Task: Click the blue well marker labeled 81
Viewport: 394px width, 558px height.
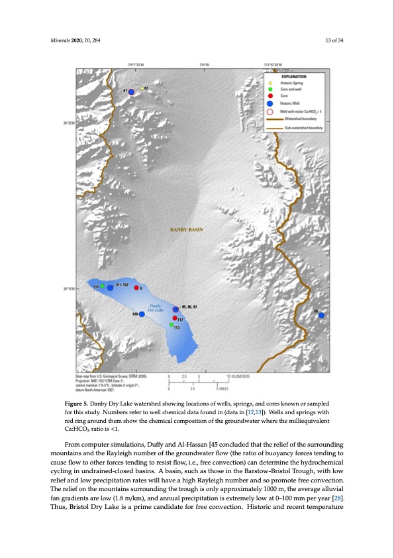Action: coord(132,91)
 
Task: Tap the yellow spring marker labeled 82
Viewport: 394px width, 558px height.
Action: coord(142,88)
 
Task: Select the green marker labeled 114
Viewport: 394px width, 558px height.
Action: coord(103,286)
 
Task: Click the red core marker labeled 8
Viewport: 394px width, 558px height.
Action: coord(136,288)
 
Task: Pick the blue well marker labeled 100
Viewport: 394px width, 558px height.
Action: coord(142,314)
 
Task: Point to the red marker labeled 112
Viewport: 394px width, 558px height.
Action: coord(174,319)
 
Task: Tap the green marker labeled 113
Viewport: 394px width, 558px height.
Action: coord(172,325)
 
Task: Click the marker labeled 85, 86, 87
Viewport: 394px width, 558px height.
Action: coord(175,309)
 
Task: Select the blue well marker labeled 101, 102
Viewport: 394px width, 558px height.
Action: coord(110,287)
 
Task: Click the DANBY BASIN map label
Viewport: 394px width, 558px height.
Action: coord(186,231)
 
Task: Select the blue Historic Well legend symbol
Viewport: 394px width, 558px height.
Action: coord(270,103)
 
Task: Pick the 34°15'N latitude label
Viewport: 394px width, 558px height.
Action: coord(69,288)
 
